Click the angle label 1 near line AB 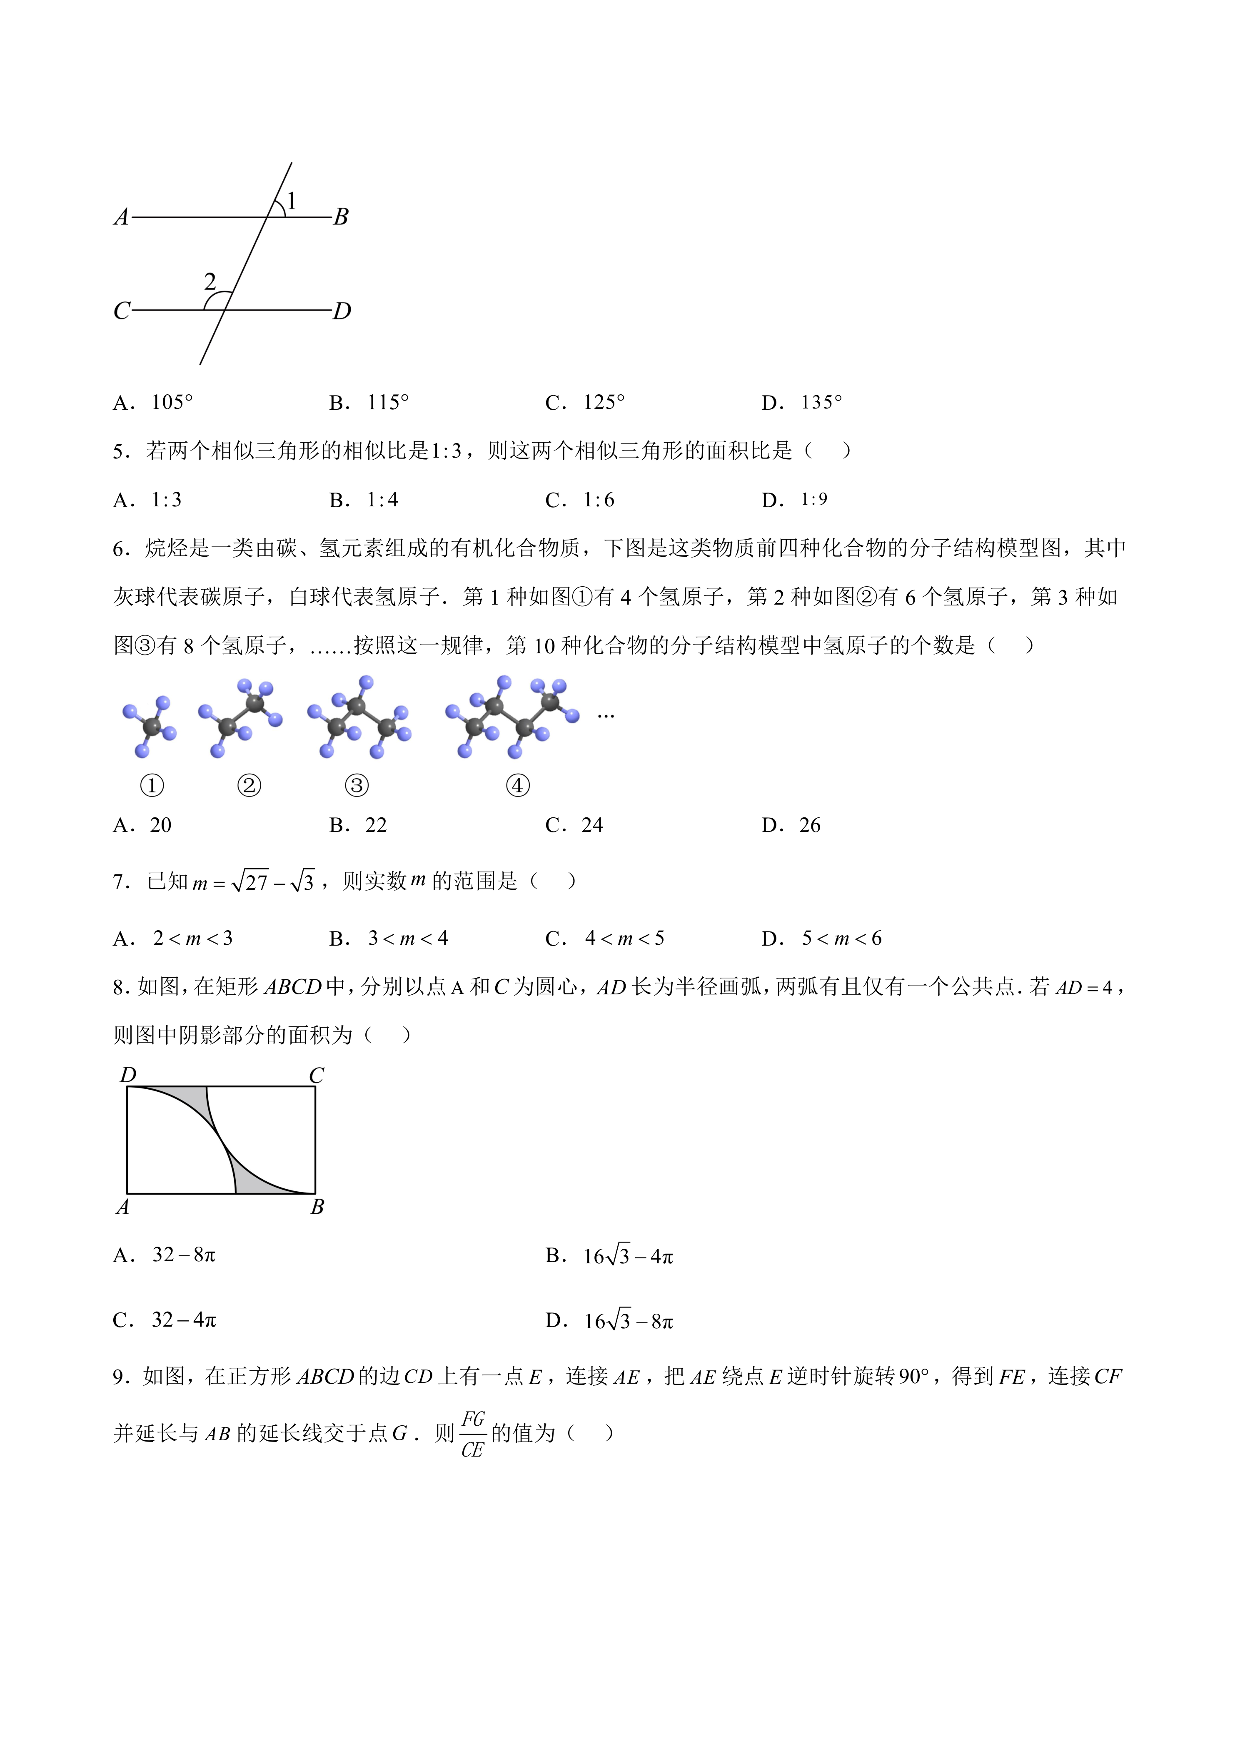(x=291, y=201)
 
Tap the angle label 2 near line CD (x=210, y=282)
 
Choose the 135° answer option (x=821, y=402)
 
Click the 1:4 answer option (x=382, y=500)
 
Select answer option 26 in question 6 (x=809, y=825)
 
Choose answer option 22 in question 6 (x=376, y=825)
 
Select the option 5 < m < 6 (x=841, y=939)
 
